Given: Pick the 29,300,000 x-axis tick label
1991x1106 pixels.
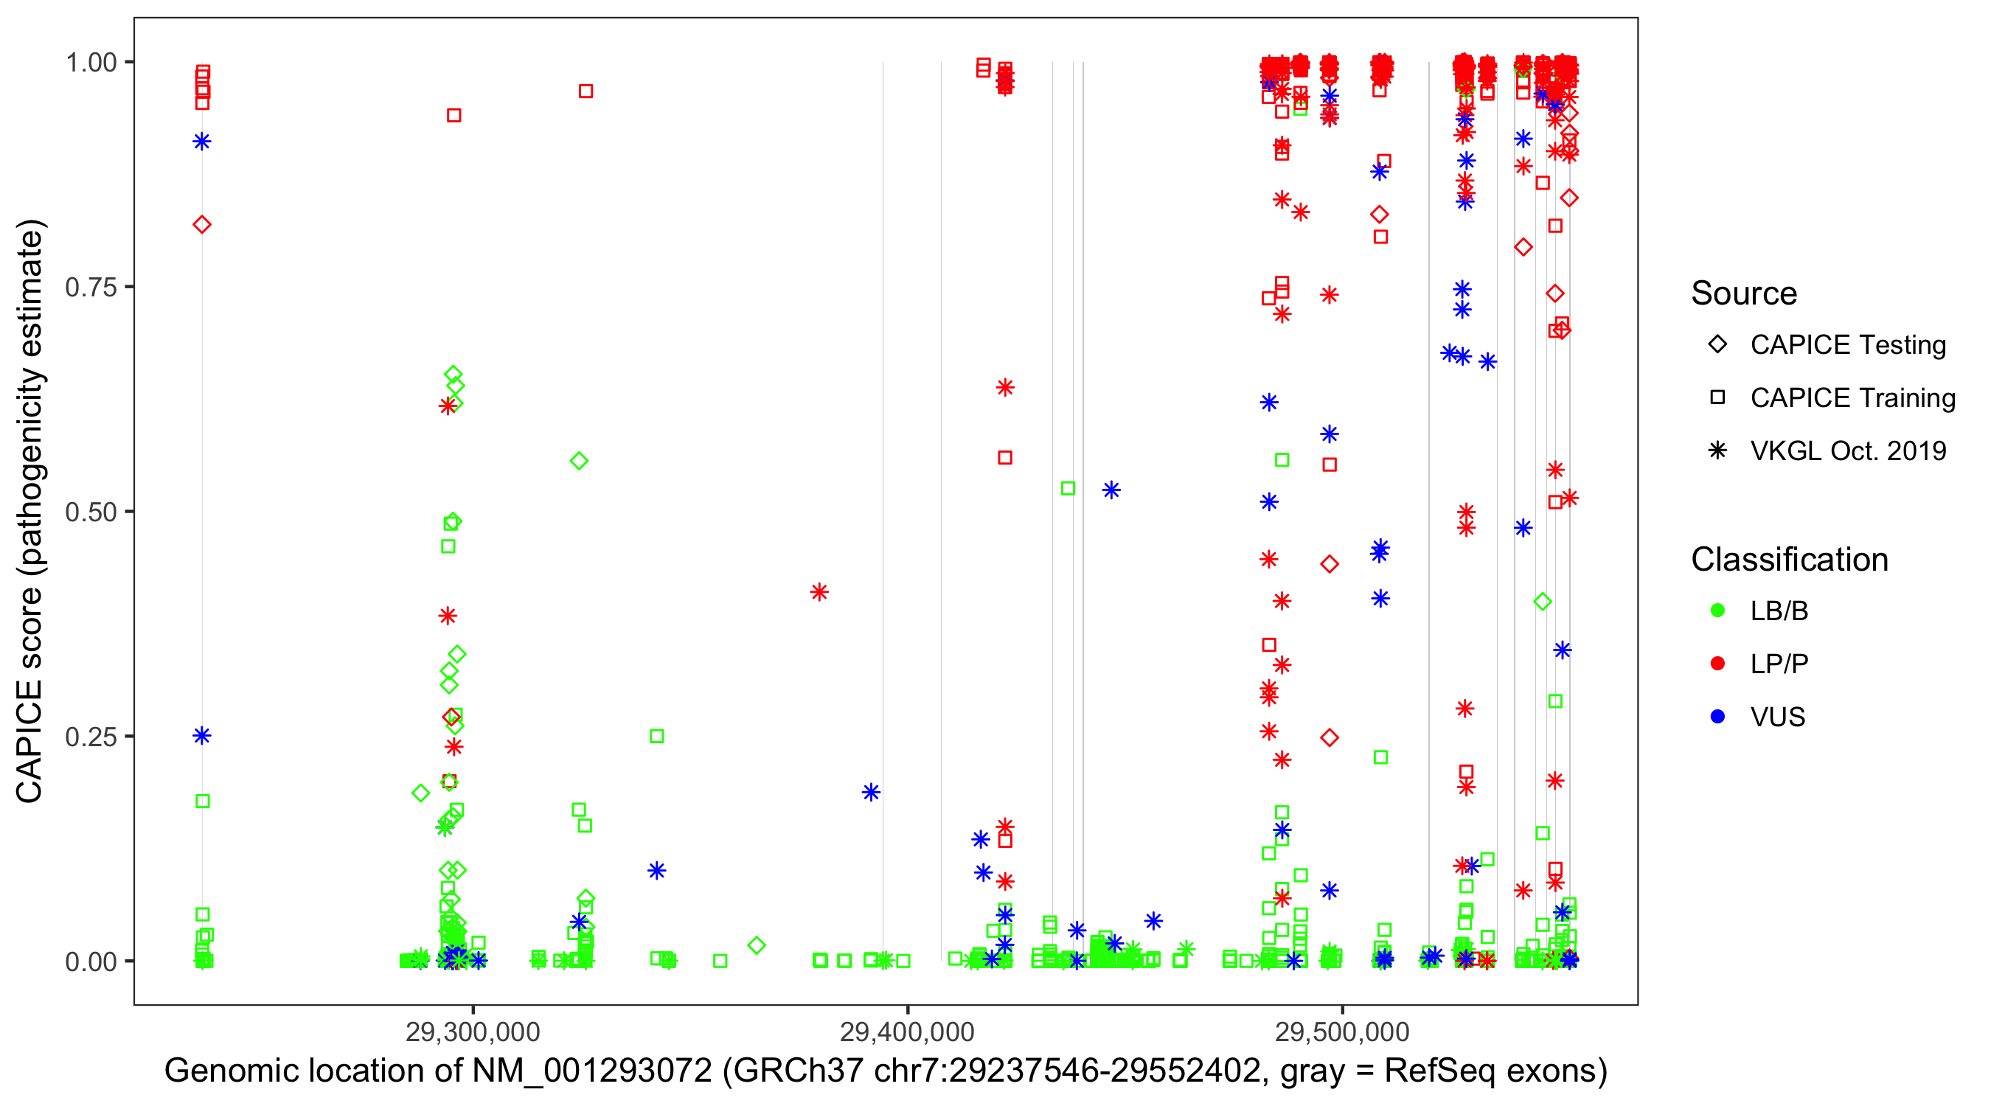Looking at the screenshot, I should (472, 1032).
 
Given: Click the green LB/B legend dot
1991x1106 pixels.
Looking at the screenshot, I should (1717, 611).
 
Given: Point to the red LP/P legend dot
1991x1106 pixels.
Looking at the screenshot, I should (1717, 664).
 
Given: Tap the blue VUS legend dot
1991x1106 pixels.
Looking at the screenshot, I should (1717, 717).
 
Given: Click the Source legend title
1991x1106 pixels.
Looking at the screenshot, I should (1744, 293).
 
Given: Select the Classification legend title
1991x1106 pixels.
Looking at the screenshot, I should (1789, 560).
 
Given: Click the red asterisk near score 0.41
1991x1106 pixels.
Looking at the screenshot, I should (819, 592).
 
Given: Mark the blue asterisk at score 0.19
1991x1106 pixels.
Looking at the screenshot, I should (871, 792).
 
